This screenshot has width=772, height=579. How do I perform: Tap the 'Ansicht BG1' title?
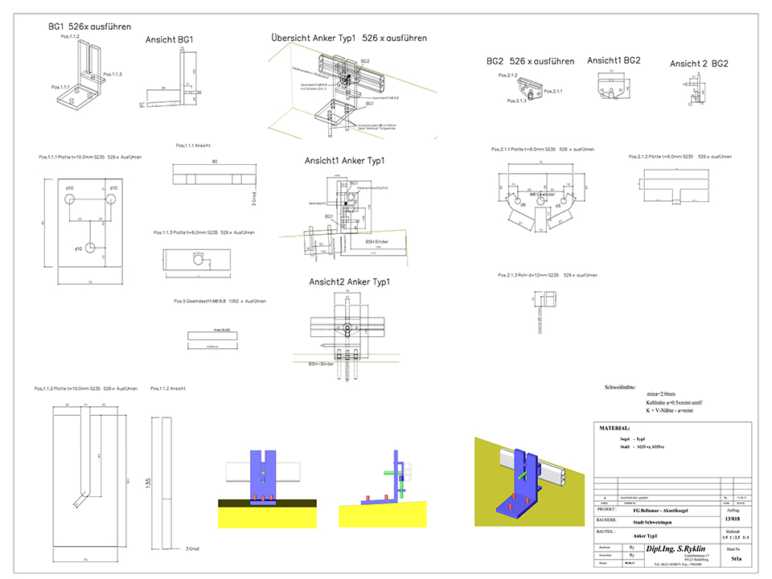tap(170, 39)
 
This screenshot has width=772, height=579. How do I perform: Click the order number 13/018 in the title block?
tap(733, 519)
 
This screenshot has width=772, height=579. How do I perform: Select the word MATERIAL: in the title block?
tap(615, 429)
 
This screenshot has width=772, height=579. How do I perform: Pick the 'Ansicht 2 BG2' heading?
tap(699, 64)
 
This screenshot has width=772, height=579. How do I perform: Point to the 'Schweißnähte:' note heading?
tap(626, 388)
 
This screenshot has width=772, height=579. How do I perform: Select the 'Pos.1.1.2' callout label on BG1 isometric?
tap(70, 36)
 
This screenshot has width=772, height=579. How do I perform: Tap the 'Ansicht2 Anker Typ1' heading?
tap(349, 281)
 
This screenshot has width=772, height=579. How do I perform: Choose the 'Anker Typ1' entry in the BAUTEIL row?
tap(647, 536)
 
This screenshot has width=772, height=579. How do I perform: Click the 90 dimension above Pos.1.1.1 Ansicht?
tap(215, 162)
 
